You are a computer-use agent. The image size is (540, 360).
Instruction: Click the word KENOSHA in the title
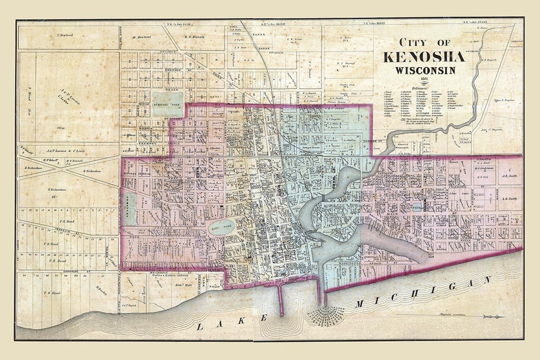click(x=424, y=56)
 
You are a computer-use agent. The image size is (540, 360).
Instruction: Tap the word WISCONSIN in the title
click(x=425, y=70)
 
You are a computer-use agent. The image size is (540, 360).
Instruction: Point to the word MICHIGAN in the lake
click(x=422, y=292)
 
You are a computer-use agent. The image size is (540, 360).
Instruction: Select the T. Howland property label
click(x=65, y=35)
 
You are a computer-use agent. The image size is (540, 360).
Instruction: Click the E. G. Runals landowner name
click(x=195, y=36)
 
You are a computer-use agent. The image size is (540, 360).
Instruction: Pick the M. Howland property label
click(x=142, y=36)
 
